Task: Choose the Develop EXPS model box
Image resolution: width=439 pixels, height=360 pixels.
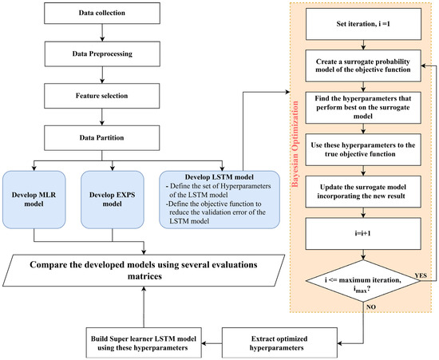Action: [x=112, y=196]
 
